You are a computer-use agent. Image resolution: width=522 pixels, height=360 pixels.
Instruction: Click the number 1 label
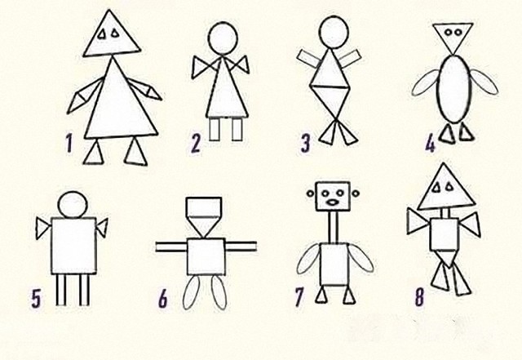[x=69, y=143]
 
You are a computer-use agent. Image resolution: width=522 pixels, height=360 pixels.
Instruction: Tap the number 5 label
[x=36, y=298]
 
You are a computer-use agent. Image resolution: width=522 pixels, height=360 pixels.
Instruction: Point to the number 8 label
[x=420, y=297]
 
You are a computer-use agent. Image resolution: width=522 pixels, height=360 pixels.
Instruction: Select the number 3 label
[x=305, y=144]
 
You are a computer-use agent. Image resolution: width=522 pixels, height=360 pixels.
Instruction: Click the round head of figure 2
[x=223, y=38]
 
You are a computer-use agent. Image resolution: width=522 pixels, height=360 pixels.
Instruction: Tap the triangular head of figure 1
[x=112, y=33]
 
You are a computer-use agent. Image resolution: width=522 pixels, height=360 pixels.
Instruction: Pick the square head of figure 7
[x=333, y=196]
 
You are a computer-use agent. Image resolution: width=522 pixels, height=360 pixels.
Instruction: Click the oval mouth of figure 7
[x=332, y=202]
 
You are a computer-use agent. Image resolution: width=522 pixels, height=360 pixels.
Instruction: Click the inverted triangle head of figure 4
[x=453, y=38]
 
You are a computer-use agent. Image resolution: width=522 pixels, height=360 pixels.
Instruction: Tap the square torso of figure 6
[x=206, y=256]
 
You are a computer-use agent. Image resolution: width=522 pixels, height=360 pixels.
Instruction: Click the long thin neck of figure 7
[x=334, y=227]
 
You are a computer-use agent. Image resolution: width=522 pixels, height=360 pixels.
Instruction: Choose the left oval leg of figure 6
[x=192, y=292]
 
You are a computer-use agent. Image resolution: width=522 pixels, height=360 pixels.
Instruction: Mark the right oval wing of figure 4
[x=484, y=82]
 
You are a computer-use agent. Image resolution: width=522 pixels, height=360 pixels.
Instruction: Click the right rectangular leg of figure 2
[x=237, y=129]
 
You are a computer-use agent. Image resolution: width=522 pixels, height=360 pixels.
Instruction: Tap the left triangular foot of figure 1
[x=94, y=153]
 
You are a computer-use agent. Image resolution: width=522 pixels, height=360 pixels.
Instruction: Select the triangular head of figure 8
[x=446, y=187]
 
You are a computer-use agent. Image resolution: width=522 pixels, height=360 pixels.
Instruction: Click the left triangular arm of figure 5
[x=42, y=229]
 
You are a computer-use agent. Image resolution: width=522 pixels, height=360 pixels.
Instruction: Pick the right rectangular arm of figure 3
[x=350, y=59]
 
